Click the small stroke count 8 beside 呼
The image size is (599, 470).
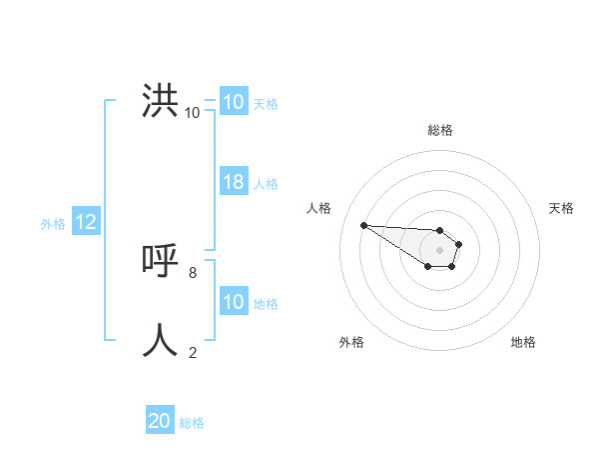[193, 271]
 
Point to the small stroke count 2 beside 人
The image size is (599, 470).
[193, 351]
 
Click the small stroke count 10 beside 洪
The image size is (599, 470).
[193, 112]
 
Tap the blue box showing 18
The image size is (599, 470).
[234, 182]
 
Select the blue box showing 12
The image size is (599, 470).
[86, 223]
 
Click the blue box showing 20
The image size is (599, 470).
[160, 421]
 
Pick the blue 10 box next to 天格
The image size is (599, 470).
[234, 102]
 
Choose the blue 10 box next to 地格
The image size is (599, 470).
[234, 302]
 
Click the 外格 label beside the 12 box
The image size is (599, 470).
[53, 224]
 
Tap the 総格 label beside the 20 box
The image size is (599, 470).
[192, 423]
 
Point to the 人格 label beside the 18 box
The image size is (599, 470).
[266, 184]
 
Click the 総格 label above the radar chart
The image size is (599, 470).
[440, 130]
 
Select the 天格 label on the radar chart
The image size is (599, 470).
[562, 208]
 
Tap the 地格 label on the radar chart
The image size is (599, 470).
[523, 342]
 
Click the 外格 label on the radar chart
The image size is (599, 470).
[351, 342]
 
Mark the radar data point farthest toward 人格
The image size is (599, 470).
[363, 225]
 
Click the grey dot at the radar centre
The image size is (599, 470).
[440, 250]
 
